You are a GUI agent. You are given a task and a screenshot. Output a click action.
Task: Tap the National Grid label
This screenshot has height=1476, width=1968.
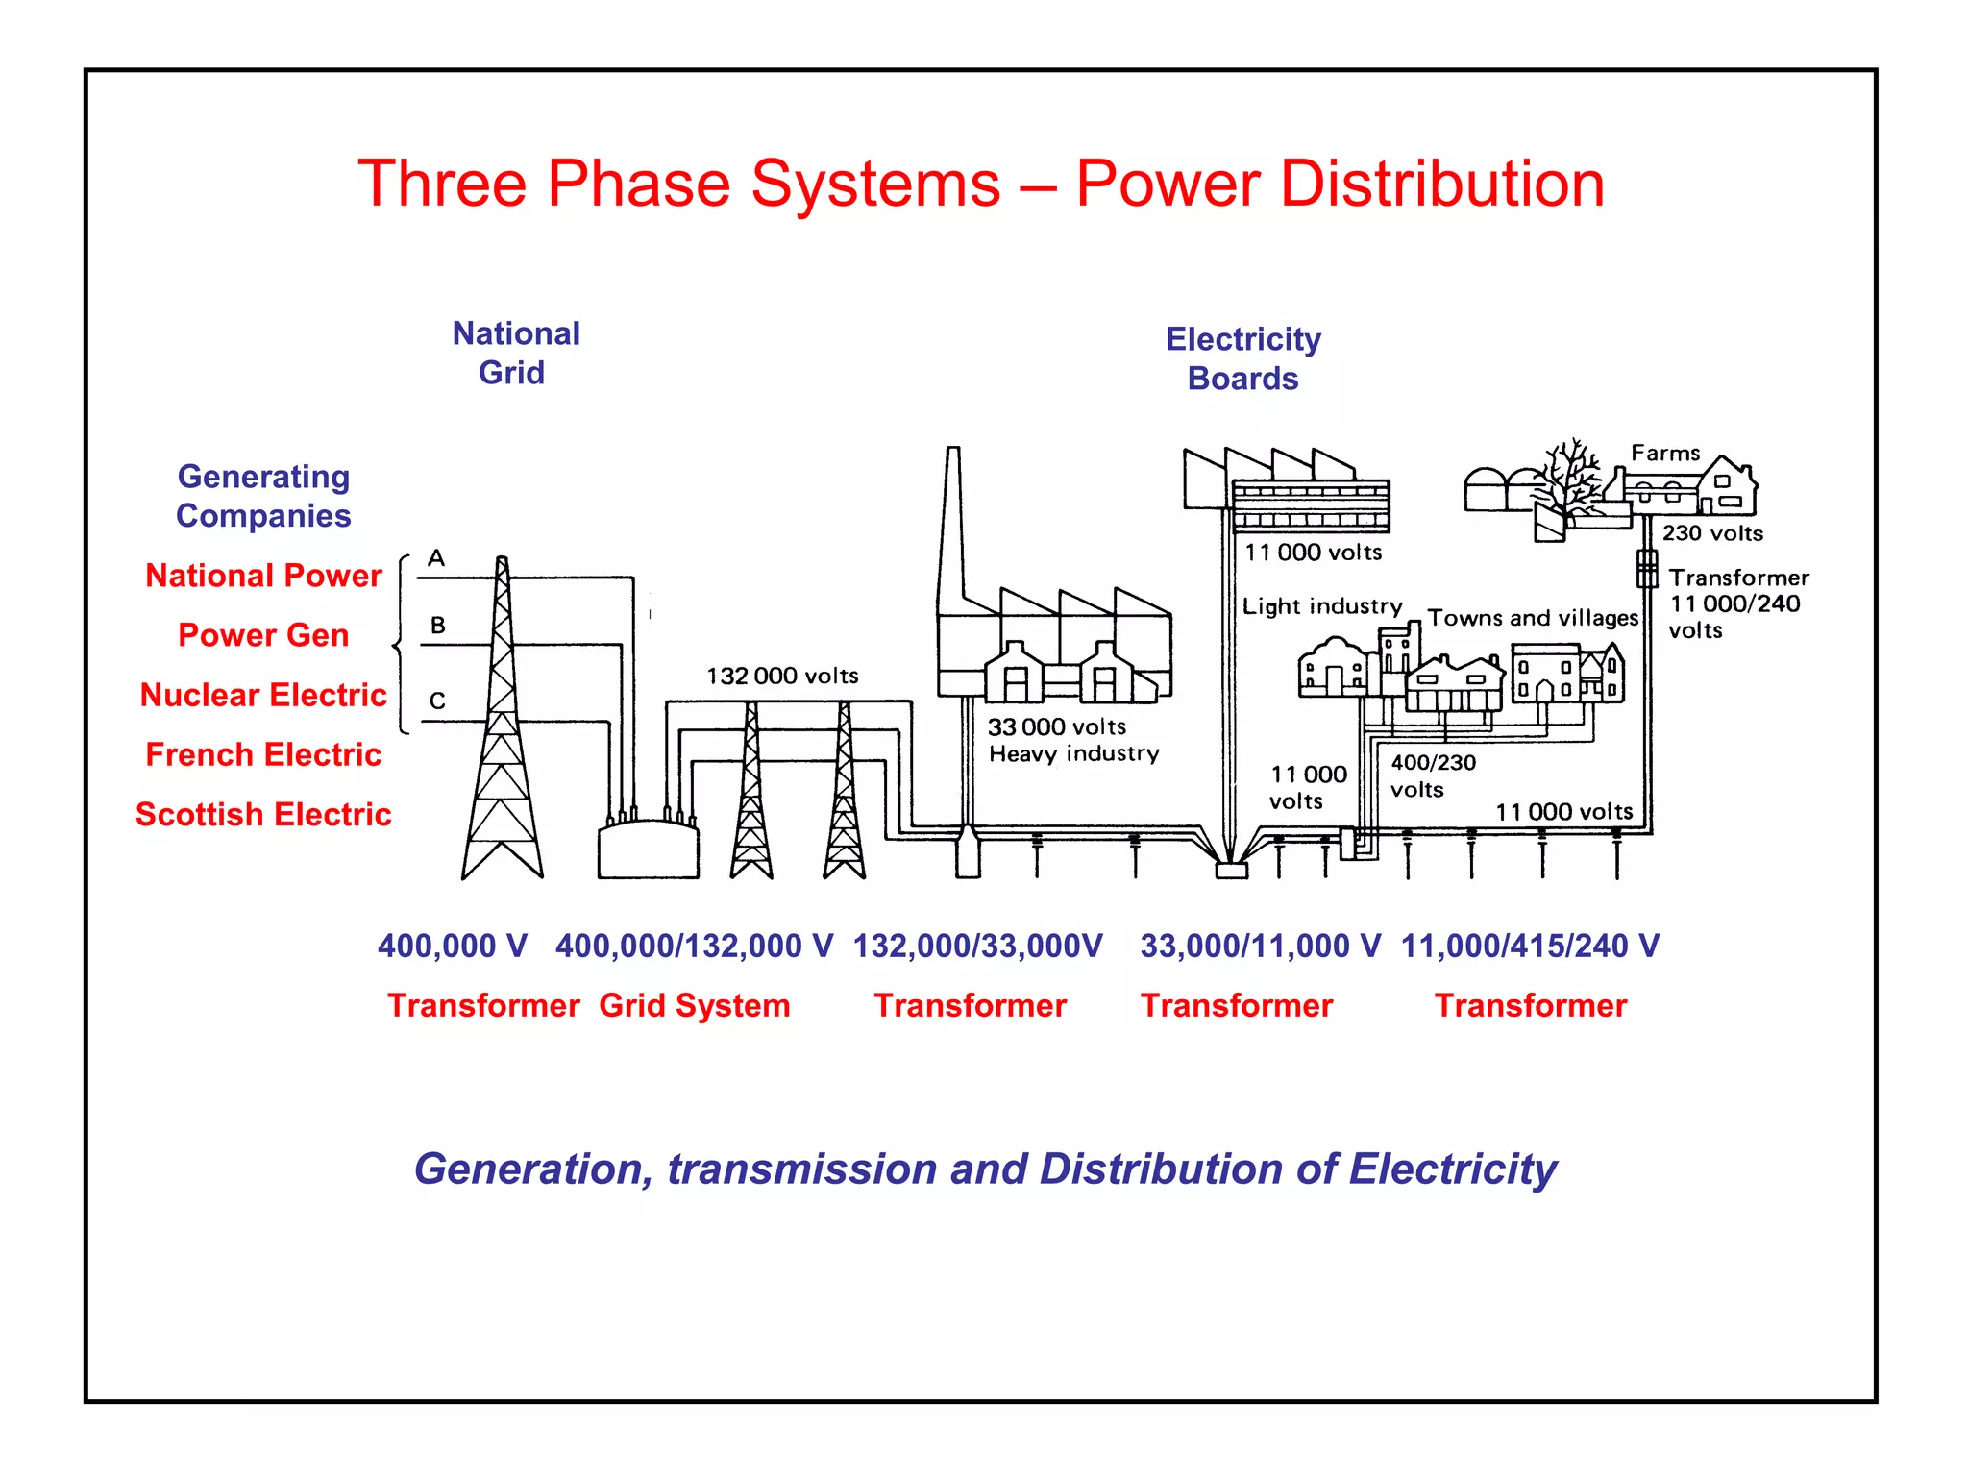[516, 353]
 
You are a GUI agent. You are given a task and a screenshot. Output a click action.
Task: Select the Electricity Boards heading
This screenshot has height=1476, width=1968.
[1242, 358]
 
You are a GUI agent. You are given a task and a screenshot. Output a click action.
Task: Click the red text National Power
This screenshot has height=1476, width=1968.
[263, 576]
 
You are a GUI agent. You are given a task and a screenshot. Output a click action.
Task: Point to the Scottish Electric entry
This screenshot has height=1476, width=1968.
[263, 814]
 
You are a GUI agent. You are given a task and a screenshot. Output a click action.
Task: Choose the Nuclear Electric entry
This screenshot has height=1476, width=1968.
[263, 695]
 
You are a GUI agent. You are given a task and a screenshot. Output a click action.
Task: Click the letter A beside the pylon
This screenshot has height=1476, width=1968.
[436, 558]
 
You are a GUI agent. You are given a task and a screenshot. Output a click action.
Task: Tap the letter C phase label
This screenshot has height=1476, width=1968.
[437, 701]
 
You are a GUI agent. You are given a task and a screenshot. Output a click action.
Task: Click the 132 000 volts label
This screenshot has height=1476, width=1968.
[782, 676]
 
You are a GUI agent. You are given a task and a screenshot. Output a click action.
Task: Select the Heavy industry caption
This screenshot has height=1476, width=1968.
[1073, 753]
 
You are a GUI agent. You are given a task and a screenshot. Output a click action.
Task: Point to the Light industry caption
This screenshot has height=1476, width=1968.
[1321, 606]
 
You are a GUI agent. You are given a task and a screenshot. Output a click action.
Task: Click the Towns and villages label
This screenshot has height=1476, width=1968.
[1532, 618]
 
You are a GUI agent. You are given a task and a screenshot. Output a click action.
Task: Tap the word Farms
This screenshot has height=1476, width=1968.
[1665, 453]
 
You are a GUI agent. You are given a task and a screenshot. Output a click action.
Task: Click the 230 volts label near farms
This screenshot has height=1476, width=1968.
[1712, 533]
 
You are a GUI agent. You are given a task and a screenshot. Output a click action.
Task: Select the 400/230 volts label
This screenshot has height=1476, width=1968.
[1432, 775]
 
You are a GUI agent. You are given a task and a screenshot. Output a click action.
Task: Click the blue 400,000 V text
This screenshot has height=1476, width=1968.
[452, 946]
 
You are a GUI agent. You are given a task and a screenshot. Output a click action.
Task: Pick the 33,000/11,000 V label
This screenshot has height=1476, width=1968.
[1260, 946]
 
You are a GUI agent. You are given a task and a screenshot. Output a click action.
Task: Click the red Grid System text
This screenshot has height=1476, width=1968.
[694, 1005]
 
